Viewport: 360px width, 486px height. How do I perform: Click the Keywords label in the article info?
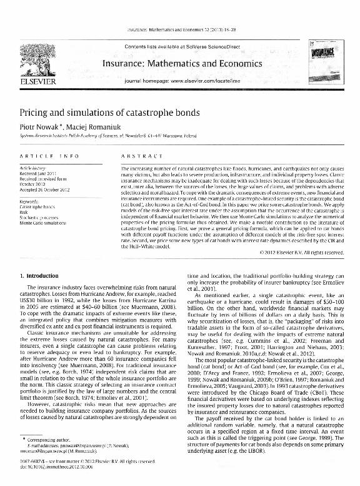tap(32, 202)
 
